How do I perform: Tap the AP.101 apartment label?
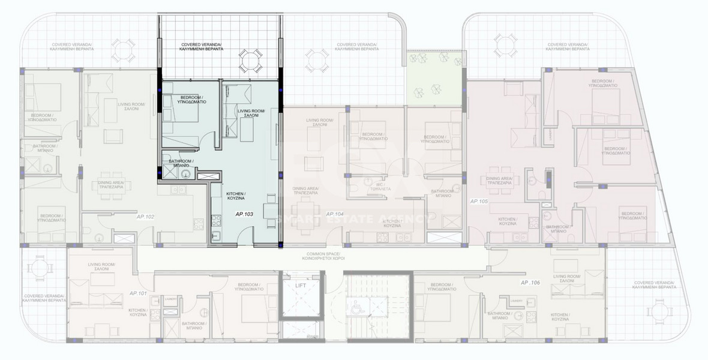pos(139,293)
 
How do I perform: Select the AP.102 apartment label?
pos(146,216)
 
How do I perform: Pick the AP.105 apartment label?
pos(479,201)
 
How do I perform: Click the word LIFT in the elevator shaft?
pos(301,286)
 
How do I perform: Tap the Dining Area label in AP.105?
pos(499,181)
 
